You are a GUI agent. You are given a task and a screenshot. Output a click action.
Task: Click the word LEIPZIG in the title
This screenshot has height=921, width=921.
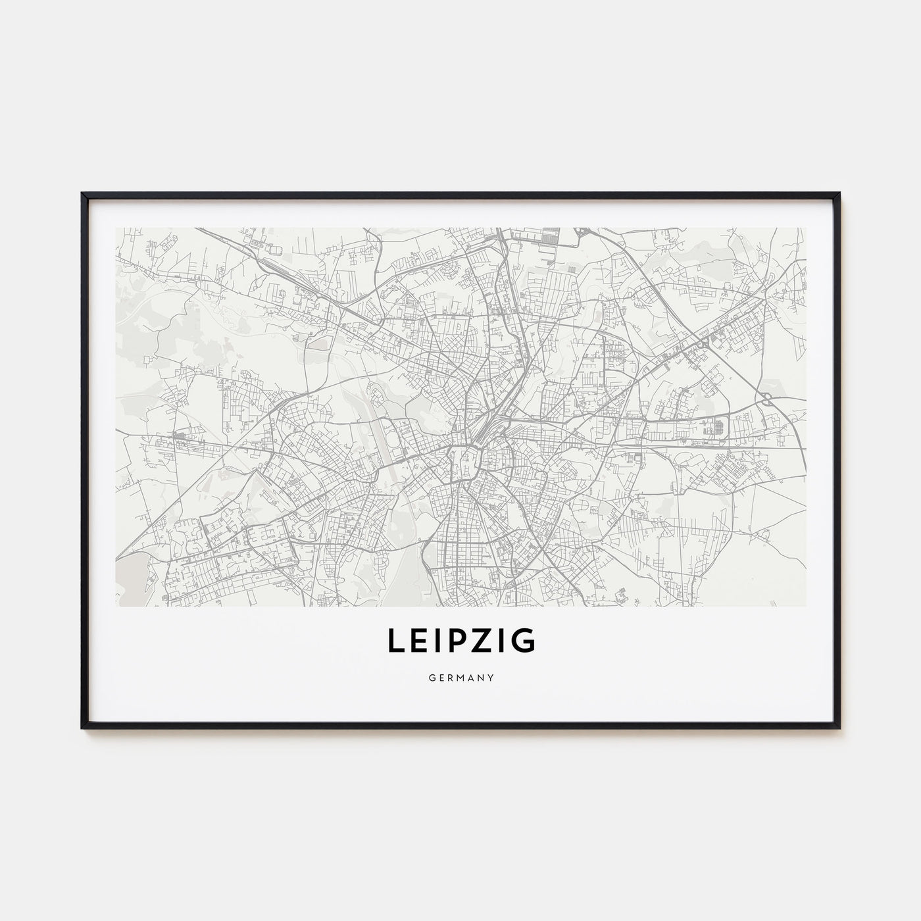460,641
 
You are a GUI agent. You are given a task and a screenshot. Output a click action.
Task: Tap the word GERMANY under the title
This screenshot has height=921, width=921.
460,676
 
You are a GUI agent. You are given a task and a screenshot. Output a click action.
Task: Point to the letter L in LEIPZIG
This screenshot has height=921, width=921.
394,641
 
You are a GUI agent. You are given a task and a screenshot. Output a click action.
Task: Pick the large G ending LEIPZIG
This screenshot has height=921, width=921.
524,641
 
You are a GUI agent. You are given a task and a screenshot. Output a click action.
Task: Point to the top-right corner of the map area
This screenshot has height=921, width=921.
805,228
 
